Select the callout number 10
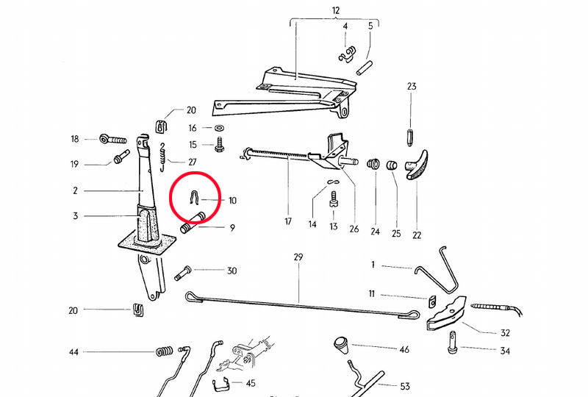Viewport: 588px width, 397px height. [232, 200]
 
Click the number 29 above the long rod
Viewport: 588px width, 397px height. [298, 258]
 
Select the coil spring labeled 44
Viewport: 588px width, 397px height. [165, 353]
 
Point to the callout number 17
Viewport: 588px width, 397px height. [287, 221]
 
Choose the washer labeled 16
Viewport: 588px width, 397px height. [219, 128]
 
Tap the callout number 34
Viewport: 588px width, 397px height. [505, 351]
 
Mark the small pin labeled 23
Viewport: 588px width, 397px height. [410, 137]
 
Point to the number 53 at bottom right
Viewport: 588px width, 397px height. [404, 386]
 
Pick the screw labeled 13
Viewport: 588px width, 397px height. [334, 198]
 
